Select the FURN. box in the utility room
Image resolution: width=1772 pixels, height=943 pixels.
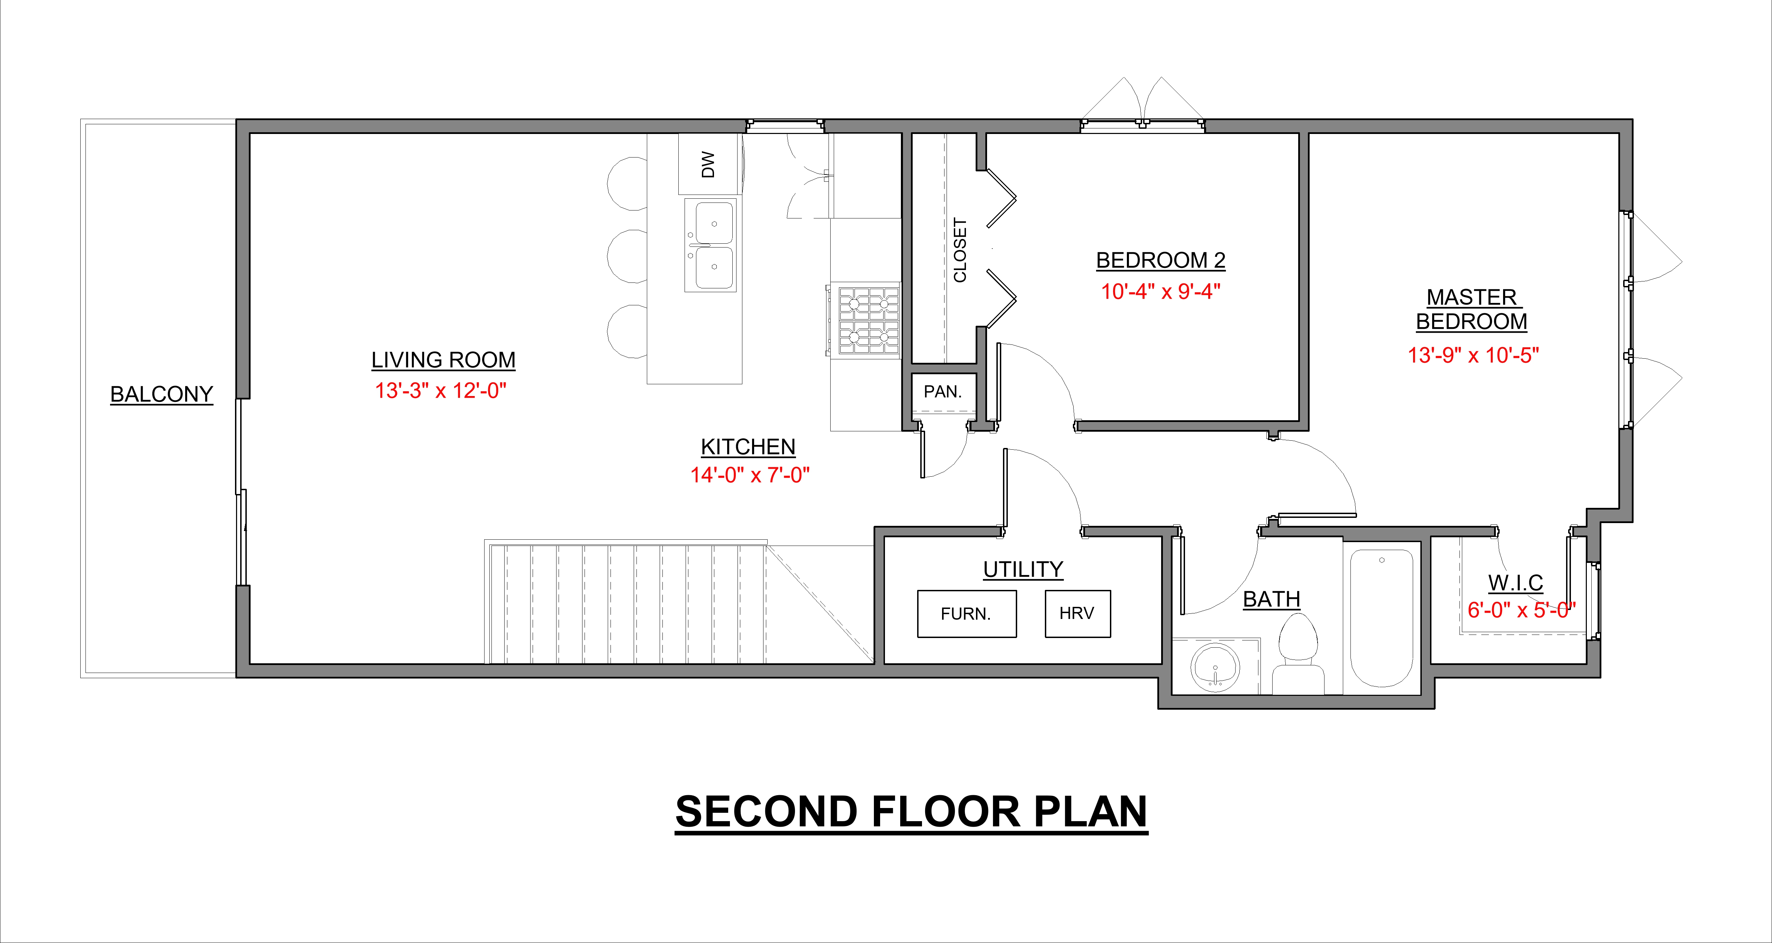967,613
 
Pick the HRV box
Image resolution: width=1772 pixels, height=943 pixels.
1077,613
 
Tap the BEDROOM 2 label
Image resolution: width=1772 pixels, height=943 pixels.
1160,261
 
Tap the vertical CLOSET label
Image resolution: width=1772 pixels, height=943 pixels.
960,250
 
